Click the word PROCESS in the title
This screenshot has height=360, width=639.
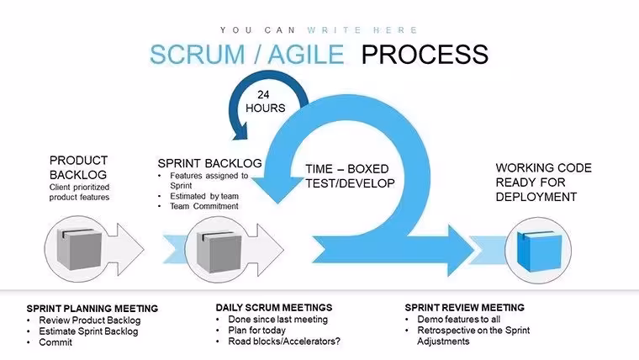click(425, 54)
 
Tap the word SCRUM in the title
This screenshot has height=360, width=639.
click(197, 54)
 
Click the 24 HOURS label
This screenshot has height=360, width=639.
click(266, 101)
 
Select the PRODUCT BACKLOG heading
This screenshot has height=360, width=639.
click(78, 167)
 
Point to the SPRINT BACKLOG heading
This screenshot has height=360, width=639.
click(209, 163)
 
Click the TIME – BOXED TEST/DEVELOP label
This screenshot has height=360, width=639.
click(350, 176)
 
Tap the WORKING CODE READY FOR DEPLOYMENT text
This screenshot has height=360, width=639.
click(544, 183)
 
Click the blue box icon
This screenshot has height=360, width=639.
click(539, 251)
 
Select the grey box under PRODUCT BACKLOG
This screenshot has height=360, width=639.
click(79, 249)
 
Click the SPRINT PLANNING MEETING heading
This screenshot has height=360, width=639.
click(92, 309)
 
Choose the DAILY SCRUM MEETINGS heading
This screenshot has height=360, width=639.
click(274, 307)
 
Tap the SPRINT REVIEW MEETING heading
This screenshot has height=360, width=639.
click(465, 307)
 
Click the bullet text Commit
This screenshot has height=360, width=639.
click(55, 342)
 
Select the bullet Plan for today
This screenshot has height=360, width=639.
click(256, 331)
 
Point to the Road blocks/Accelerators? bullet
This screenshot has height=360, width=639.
click(284, 341)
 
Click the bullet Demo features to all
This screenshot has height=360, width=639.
click(458, 320)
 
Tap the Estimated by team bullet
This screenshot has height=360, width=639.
click(204, 196)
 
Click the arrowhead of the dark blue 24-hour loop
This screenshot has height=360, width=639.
click(240, 132)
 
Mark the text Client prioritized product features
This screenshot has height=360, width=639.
click(80, 192)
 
